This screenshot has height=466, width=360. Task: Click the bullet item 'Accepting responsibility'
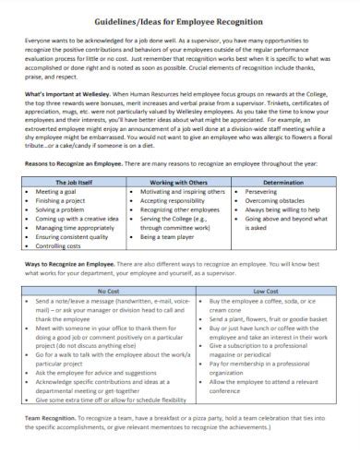pos(185,200)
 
